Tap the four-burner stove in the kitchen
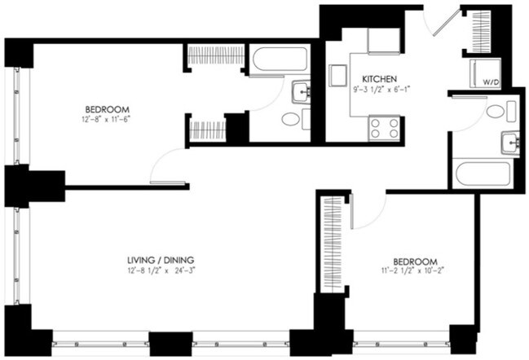pos(384,127)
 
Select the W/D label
pos(491,82)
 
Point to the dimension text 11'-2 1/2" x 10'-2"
pos(412,270)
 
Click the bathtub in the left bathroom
pos(280,59)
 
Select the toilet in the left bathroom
pos(291,119)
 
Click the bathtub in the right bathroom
pos(483,173)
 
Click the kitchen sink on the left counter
pos(337,76)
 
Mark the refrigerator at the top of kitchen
pos(383,40)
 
